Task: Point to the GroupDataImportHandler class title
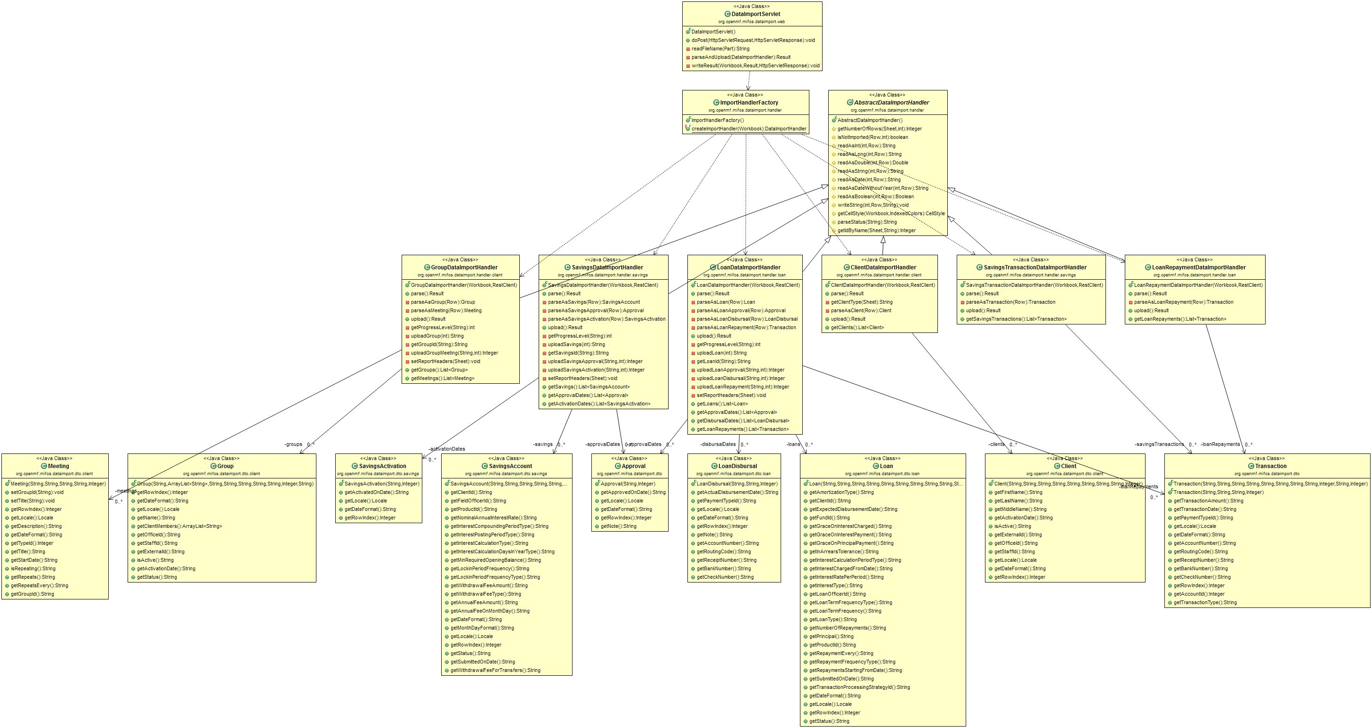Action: pos(464,268)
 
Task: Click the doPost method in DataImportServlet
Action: pos(752,40)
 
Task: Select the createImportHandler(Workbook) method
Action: pos(748,129)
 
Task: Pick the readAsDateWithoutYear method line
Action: pos(882,188)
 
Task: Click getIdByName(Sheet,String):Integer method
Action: pos(876,231)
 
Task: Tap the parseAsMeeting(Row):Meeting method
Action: pos(446,310)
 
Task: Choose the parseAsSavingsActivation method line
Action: pos(606,319)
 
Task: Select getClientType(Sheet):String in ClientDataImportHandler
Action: pos(861,302)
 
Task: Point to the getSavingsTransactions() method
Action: pos(1016,319)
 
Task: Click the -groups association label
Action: pos(293,444)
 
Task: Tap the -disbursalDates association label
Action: pos(718,444)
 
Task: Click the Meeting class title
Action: pos(58,466)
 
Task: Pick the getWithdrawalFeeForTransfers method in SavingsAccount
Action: pos(495,671)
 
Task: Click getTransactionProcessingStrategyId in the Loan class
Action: pos(859,688)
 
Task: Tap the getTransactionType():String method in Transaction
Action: pos(1205,603)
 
